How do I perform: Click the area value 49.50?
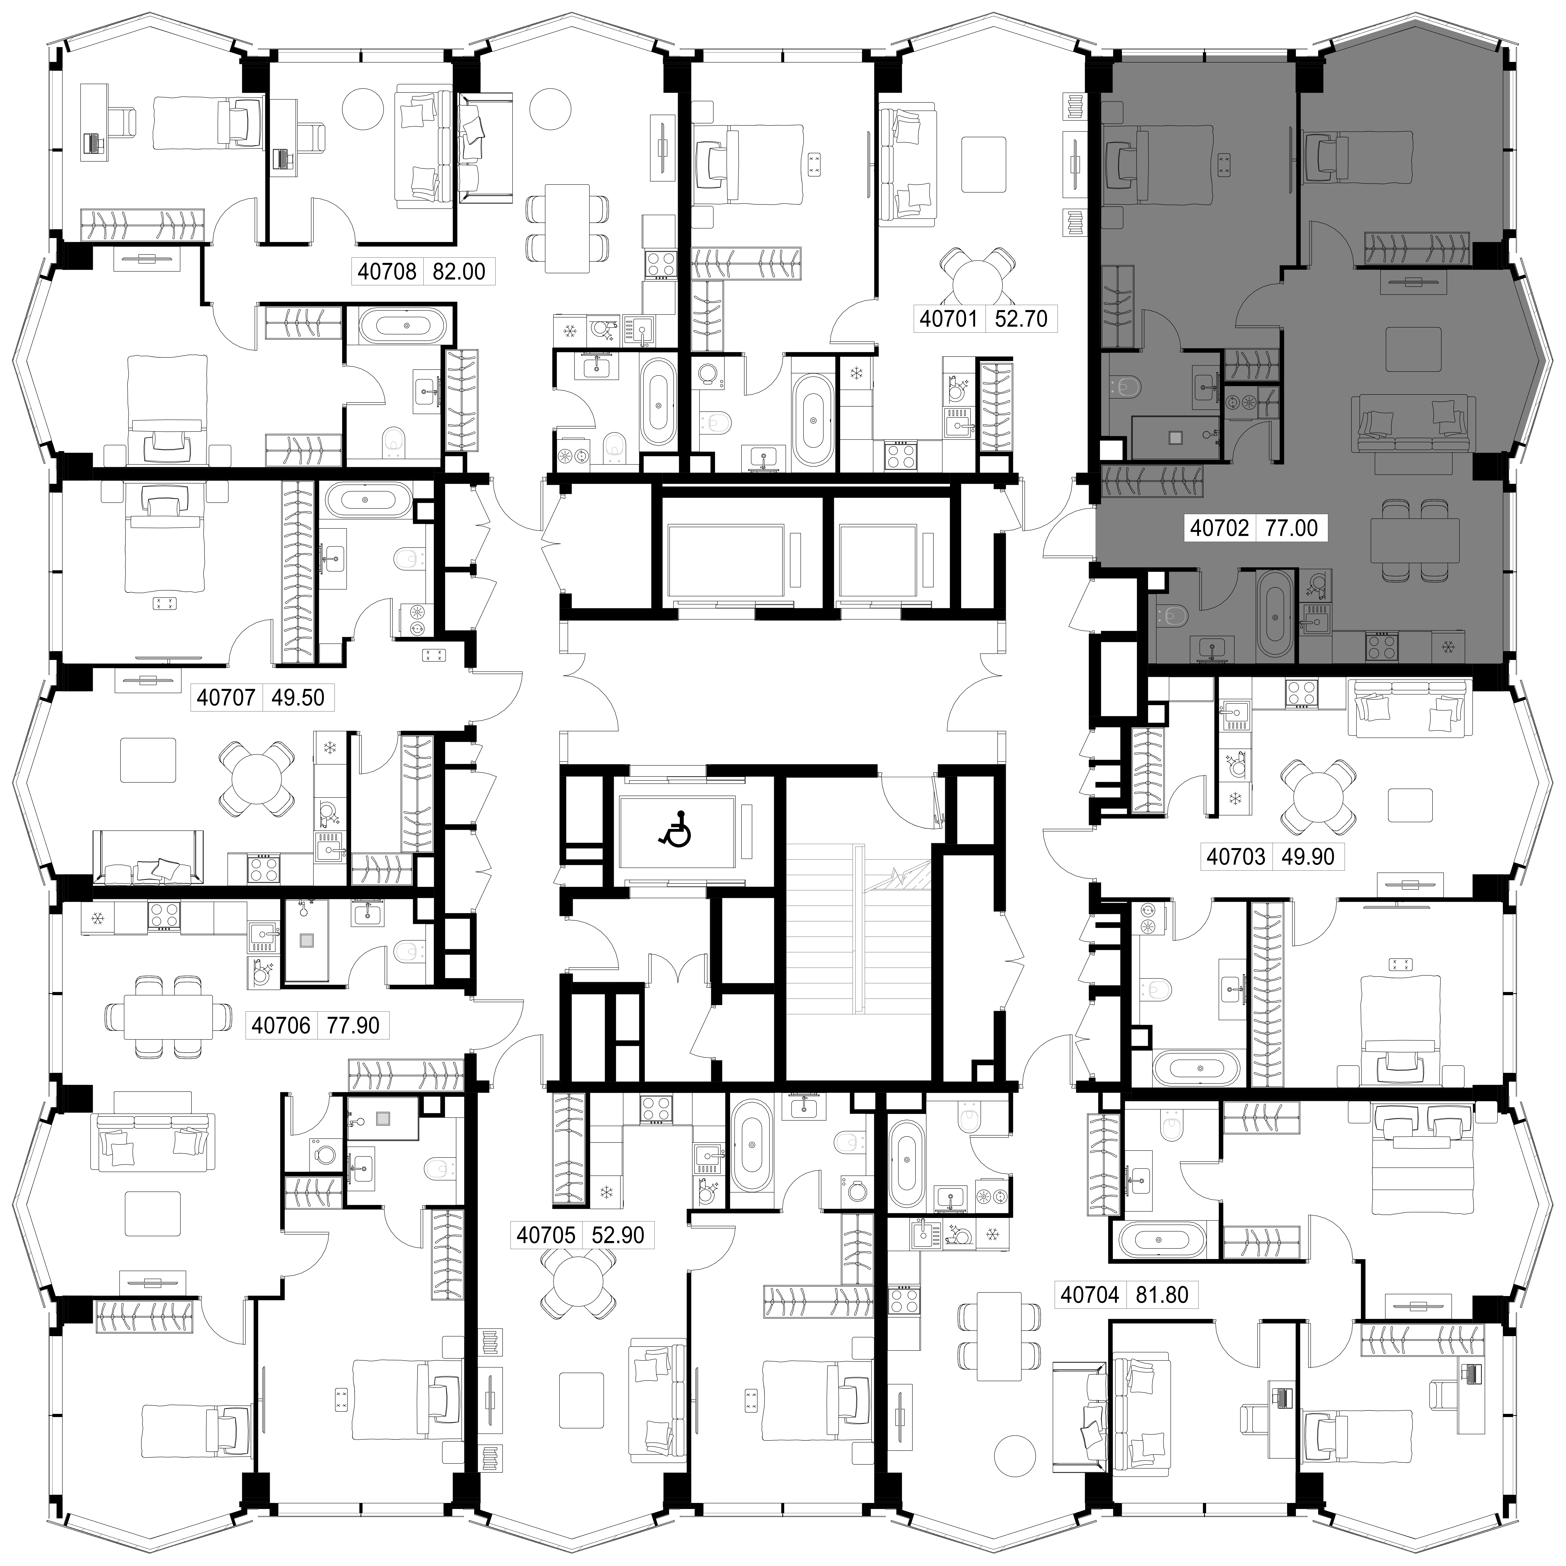pos(298,697)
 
